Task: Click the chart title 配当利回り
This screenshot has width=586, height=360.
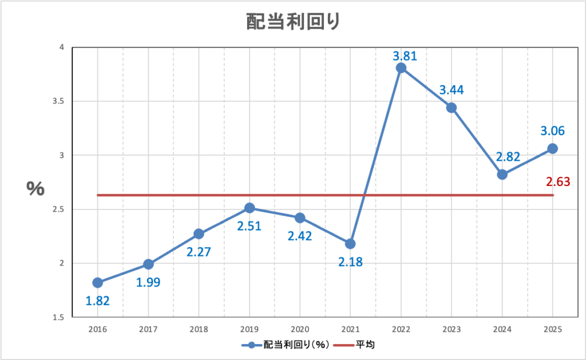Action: [292, 21]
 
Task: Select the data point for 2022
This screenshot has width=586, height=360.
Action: [401, 68]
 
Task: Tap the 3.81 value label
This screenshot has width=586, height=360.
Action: [405, 56]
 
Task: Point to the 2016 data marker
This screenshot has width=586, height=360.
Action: [97, 283]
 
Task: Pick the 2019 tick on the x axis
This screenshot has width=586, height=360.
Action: [249, 330]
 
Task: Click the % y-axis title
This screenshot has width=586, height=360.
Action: [35, 189]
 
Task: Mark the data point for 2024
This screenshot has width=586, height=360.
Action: [502, 175]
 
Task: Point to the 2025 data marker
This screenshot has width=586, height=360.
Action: [553, 148]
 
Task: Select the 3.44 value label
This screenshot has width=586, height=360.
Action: [452, 90]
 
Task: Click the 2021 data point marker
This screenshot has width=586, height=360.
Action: [350, 244]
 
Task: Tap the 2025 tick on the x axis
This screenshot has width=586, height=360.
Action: [553, 330]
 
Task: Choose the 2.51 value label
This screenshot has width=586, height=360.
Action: [249, 226]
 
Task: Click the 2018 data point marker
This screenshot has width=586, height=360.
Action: [199, 234]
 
